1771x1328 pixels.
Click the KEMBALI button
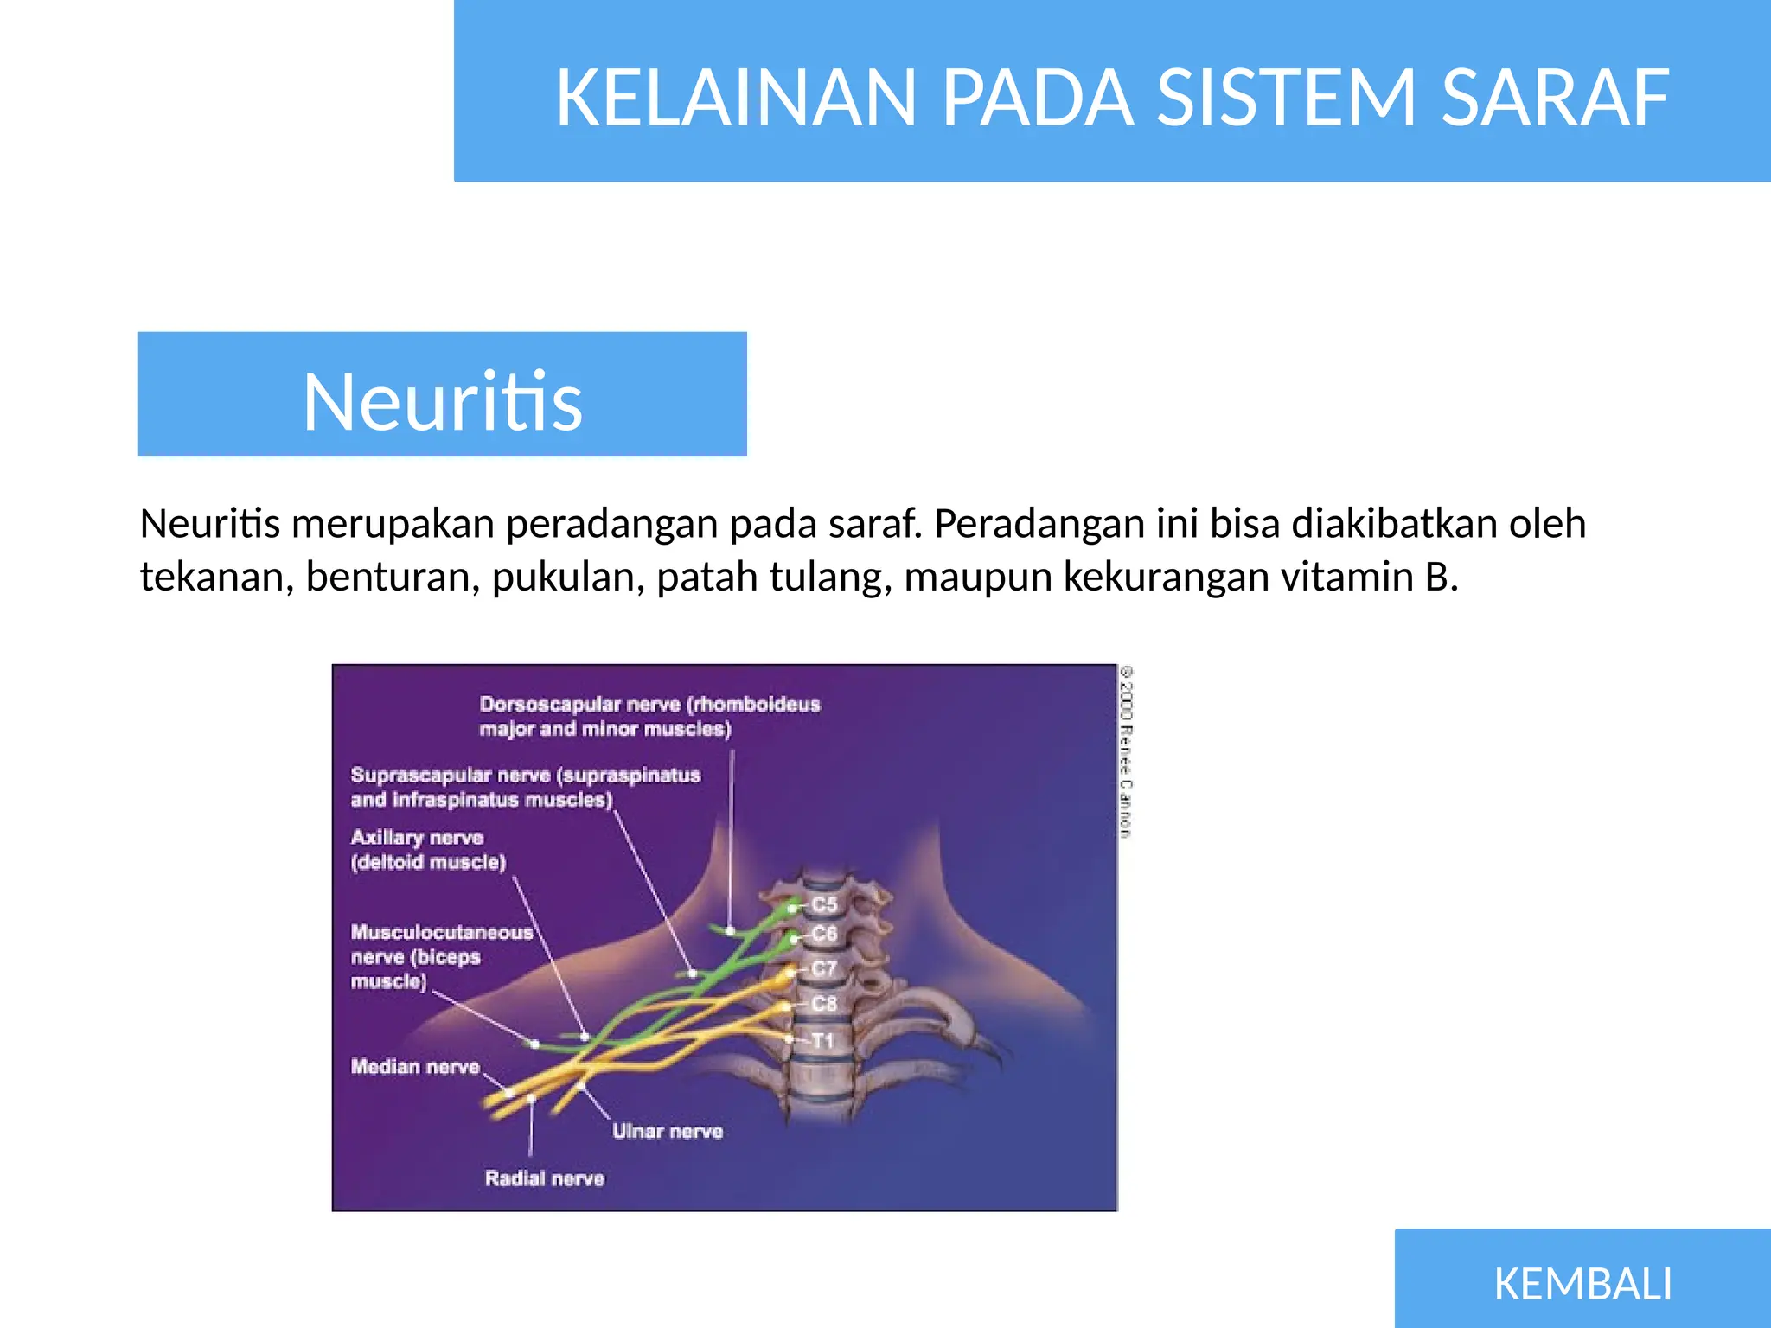click(1582, 1283)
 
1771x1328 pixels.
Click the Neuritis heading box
click(442, 394)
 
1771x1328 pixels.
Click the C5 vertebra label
click(824, 904)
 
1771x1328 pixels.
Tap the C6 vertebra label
click(824, 934)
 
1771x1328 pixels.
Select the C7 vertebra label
click(824, 968)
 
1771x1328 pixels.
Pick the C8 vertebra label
click(824, 1004)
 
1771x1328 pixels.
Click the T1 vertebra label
click(822, 1040)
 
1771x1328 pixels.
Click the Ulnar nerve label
click(667, 1131)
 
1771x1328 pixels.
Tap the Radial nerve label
click(544, 1178)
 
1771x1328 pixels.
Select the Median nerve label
click(415, 1067)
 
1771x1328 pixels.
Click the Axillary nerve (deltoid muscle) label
click(427, 849)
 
